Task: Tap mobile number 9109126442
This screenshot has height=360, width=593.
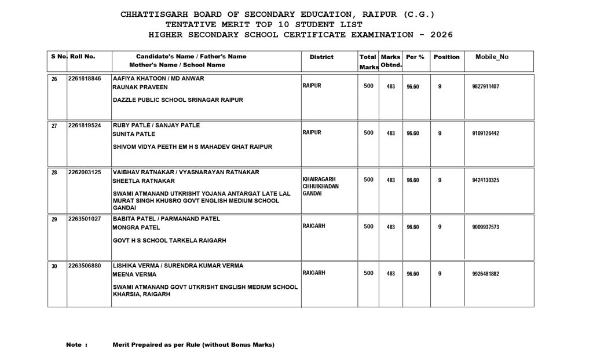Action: tap(486, 134)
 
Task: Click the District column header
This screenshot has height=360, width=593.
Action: tap(321, 57)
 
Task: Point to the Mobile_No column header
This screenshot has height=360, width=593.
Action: tap(492, 57)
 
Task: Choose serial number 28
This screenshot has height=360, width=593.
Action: tap(54, 172)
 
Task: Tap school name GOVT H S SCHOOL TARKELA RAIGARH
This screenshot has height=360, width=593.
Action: tap(169, 240)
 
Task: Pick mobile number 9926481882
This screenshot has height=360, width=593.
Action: tap(486, 274)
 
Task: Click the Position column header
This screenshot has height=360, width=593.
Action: tap(446, 57)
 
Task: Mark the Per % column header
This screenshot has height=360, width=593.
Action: tap(415, 57)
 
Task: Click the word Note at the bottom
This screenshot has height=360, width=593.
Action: tap(74, 345)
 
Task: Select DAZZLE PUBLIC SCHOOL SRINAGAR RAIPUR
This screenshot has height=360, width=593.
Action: tap(178, 100)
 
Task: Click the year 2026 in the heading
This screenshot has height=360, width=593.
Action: tap(439, 35)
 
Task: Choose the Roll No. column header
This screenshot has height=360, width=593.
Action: tap(82, 57)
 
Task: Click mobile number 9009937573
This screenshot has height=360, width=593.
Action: tap(486, 227)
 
